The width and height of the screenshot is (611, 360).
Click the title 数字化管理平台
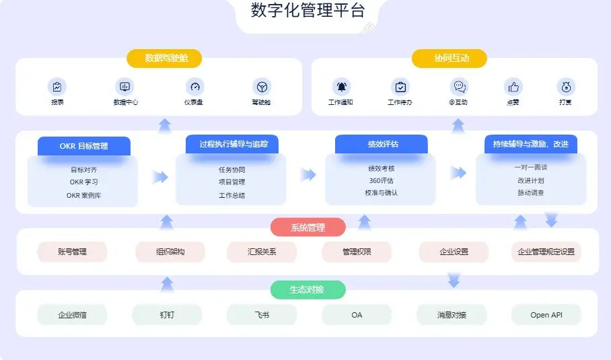click(x=308, y=11)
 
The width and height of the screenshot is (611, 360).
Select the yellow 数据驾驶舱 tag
click(x=164, y=59)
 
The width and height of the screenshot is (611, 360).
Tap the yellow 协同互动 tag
click(x=450, y=59)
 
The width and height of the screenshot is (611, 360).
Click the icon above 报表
click(x=57, y=87)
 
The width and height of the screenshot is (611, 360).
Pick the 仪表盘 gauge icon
click(x=195, y=87)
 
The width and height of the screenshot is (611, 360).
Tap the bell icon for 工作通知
click(x=341, y=87)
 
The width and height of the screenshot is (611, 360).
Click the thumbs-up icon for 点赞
click(x=513, y=87)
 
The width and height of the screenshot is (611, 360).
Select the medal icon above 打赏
click(x=566, y=87)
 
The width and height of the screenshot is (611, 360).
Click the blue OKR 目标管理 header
click(x=84, y=145)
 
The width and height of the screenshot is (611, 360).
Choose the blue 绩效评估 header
click(x=382, y=144)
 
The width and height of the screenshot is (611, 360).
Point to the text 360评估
click(x=381, y=180)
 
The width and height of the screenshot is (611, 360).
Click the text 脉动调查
click(x=531, y=192)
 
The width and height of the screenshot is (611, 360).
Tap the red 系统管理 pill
click(x=308, y=227)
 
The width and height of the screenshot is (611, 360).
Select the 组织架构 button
click(x=170, y=252)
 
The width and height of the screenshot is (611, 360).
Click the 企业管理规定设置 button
click(x=546, y=252)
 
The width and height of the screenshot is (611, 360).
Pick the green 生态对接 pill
click(x=308, y=289)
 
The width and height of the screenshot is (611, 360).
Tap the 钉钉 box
click(x=167, y=314)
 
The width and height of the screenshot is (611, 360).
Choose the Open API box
click(x=546, y=314)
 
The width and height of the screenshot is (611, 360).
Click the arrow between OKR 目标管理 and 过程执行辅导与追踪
click(x=160, y=177)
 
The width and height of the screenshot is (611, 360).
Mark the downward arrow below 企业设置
click(x=454, y=279)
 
